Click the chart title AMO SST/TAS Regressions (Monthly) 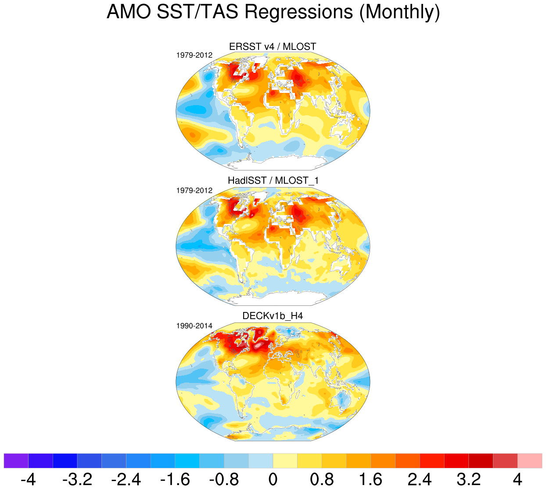pos(273,12)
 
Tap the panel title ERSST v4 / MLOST pos(273,46)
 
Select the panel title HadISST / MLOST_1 pos(273,180)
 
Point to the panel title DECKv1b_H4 pos(273,316)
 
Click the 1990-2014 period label pos(194,326)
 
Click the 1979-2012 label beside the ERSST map pos(194,55)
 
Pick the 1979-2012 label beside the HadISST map pos(194,190)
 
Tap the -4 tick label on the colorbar pos(28,479)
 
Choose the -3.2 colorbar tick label pos(77,479)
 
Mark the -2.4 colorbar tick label pos(126,479)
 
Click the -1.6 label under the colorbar pos(175,479)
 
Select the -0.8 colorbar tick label pos(224,479)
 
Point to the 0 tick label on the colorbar pos(273,479)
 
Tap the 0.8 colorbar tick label pos(322,479)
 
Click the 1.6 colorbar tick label pos(371,479)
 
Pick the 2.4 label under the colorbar pos(420,479)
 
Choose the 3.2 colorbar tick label pos(469,479)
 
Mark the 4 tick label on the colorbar pos(517,479)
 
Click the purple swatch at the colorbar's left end pos(16,461)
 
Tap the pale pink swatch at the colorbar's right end pos(530,461)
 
